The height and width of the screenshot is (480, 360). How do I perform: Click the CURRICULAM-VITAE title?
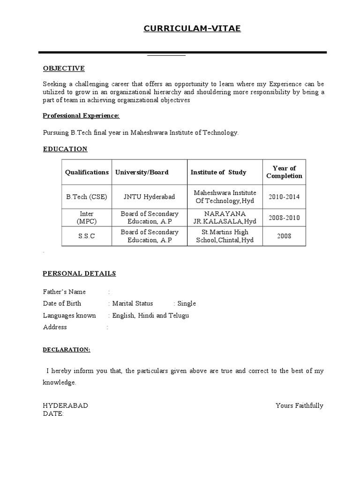tap(192, 29)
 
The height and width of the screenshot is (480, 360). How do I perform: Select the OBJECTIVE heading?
tap(64, 68)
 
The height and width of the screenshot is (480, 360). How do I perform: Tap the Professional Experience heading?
tap(81, 116)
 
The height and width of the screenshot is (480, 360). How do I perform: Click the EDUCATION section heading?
tap(65, 149)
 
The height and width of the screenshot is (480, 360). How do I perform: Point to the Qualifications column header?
tap(87, 172)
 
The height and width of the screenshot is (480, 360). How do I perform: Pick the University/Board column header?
tap(142, 172)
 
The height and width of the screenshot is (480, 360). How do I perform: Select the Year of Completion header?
tap(284, 172)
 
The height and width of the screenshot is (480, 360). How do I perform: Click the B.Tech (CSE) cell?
tap(87, 197)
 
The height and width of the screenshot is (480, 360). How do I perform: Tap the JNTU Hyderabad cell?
tap(149, 197)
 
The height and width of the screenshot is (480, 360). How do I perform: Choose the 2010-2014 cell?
tap(284, 197)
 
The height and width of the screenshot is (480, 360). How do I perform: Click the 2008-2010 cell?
tap(284, 218)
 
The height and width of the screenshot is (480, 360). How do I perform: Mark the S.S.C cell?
tap(87, 236)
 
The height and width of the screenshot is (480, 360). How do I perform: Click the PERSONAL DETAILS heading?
tap(79, 274)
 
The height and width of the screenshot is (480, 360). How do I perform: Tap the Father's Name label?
tap(64, 292)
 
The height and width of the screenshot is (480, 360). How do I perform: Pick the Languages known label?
tap(69, 315)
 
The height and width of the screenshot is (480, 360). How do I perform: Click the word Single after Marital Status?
tap(187, 304)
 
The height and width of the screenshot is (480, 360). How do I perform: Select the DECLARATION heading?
tap(67, 350)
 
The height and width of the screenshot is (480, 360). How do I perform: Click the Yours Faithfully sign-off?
tap(300, 405)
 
